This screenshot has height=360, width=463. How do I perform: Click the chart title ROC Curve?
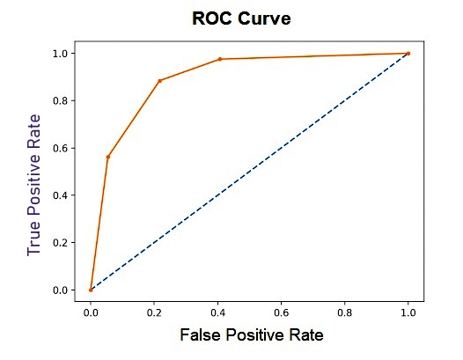coord(242,18)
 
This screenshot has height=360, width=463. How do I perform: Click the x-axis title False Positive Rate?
coord(251,335)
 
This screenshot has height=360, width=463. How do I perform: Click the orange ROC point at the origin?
coord(91,290)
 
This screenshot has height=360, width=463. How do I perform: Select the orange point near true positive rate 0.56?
coord(107,157)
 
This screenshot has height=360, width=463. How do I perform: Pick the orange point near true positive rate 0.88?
coord(159,81)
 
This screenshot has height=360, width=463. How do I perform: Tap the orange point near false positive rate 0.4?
coord(220,59)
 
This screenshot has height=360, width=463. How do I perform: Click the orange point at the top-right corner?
coord(408,54)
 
